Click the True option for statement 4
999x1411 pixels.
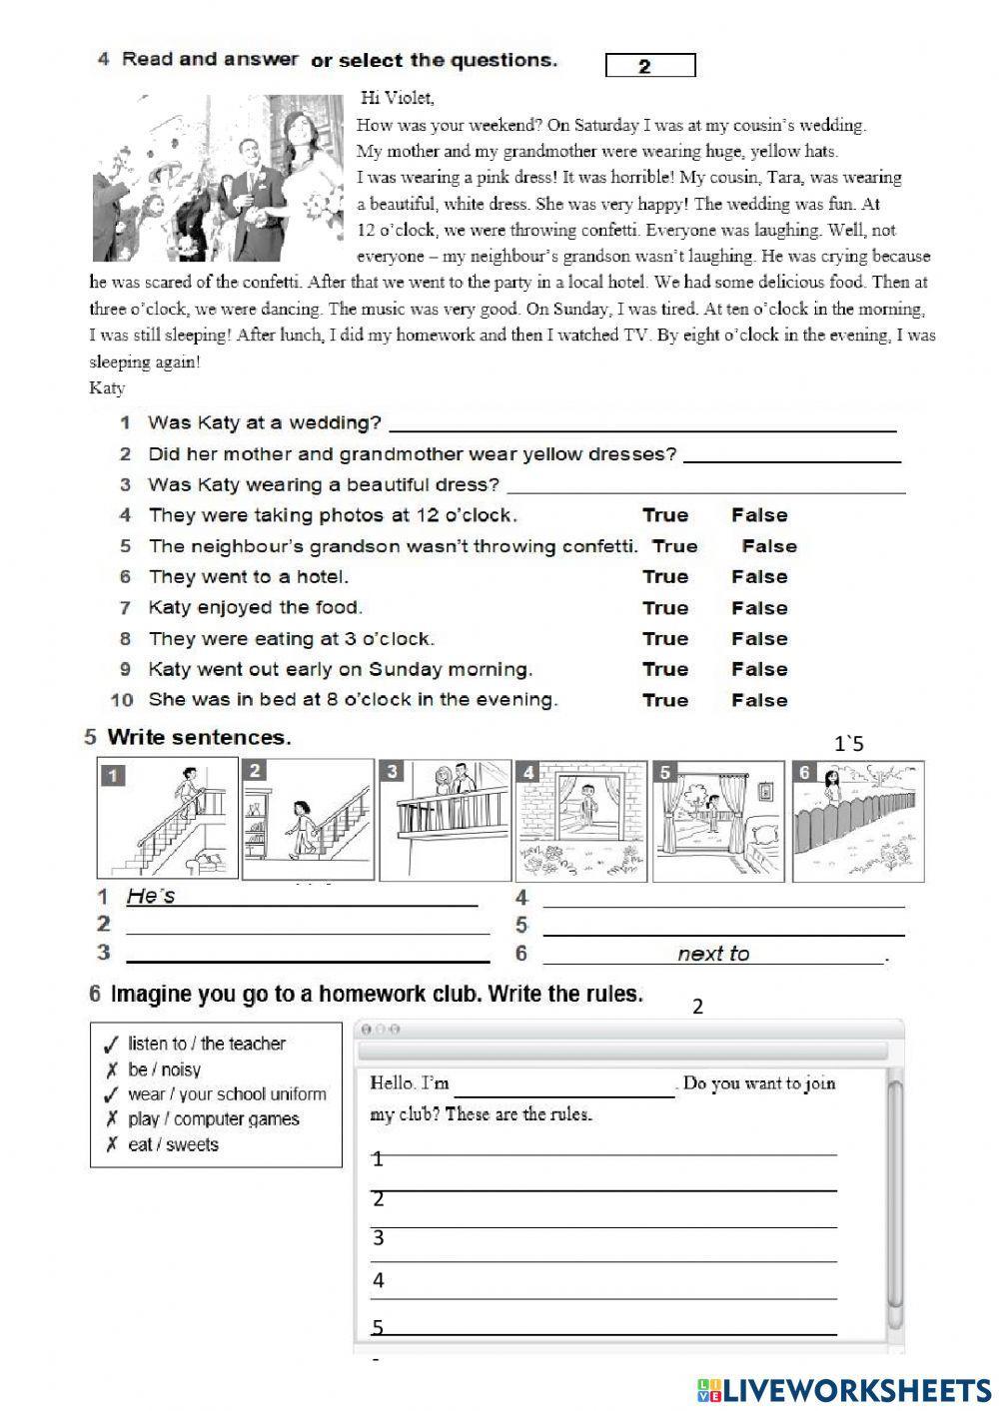[x=665, y=515]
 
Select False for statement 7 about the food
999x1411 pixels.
[x=759, y=608]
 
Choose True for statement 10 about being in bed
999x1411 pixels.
[x=665, y=700]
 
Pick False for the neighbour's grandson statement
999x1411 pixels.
[x=769, y=546]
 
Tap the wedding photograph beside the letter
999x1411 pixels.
[x=219, y=177]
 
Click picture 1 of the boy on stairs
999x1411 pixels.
[x=168, y=818]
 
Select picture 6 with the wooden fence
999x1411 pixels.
[x=858, y=820]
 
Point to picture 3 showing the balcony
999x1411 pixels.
[x=445, y=820]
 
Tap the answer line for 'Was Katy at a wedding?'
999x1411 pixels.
[x=641, y=423]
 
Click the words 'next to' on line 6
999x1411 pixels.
[x=713, y=954]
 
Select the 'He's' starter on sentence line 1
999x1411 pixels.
[x=151, y=897]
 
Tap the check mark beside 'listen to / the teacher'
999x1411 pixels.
[x=111, y=1045]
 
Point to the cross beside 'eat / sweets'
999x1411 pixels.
[x=111, y=1144]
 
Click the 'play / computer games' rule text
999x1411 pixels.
[x=213, y=1119]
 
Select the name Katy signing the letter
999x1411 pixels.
[x=107, y=387]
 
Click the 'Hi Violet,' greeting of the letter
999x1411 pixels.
[x=398, y=98]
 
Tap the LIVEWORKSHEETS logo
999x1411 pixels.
[x=843, y=1388]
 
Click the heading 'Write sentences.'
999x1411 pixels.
[x=199, y=738]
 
